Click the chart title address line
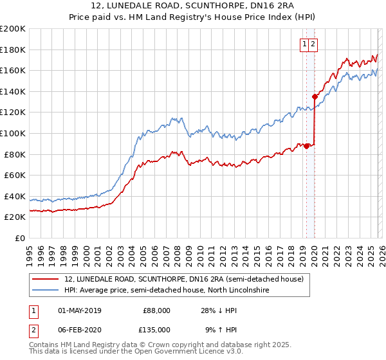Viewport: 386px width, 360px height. (193, 6)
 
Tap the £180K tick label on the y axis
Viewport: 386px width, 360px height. (13, 50)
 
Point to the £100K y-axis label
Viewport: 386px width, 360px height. (13, 133)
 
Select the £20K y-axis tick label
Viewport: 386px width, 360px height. (15, 217)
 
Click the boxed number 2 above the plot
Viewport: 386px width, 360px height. (313, 44)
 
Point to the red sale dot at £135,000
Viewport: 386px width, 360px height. (315, 96)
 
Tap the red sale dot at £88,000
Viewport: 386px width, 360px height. (306, 146)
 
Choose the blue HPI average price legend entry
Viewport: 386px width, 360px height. (166, 291)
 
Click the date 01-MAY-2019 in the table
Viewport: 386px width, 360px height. (84, 310)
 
